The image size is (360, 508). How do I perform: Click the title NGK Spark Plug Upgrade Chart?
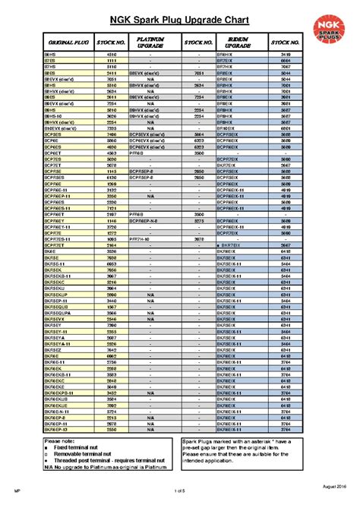pos(180,14)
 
